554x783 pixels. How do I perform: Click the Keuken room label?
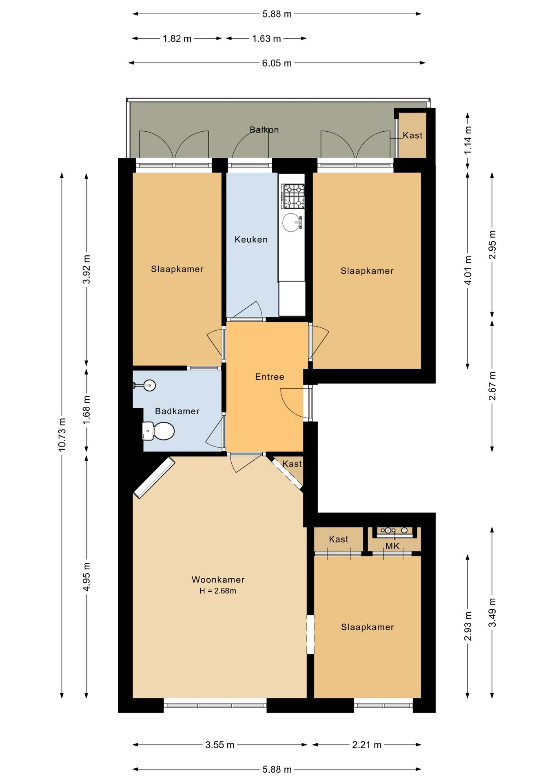pyautogui.click(x=251, y=239)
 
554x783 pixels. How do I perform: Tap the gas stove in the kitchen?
pyautogui.click(x=293, y=196)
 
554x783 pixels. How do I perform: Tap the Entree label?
pyautogui.click(x=270, y=376)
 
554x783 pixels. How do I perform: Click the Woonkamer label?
pyautogui.click(x=218, y=580)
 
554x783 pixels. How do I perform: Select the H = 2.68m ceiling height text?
pyautogui.click(x=218, y=591)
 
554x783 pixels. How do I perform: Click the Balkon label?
pyautogui.click(x=264, y=130)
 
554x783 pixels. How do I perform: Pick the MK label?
pyautogui.click(x=392, y=546)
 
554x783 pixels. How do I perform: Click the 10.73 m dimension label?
pyautogui.click(x=62, y=435)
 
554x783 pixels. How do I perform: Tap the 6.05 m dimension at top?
pyautogui.click(x=277, y=63)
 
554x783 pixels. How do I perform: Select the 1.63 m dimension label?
pyautogui.click(x=266, y=39)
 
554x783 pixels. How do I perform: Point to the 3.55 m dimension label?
pyautogui.click(x=220, y=745)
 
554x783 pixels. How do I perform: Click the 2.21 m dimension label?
pyautogui.click(x=367, y=745)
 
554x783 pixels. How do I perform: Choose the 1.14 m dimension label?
pyautogui.click(x=468, y=139)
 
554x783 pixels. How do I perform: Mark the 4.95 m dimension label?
pyautogui.click(x=86, y=576)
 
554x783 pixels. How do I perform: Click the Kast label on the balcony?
pyautogui.click(x=413, y=135)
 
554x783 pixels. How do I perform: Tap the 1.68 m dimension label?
pyautogui.click(x=86, y=410)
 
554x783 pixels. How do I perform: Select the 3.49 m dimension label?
pyautogui.click(x=492, y=613)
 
